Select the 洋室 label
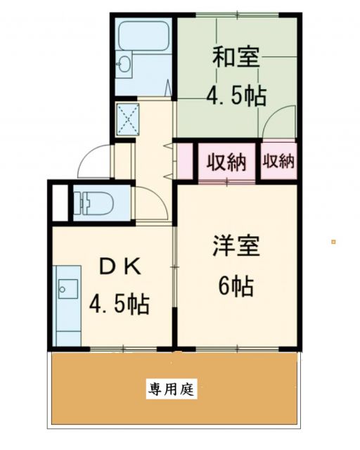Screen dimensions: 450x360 [237, 247]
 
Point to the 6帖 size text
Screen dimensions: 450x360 [236, 286]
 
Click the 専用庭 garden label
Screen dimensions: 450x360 [172, 387]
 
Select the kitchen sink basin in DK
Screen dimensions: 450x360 [69, 288]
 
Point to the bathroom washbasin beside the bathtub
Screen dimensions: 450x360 [124, 64]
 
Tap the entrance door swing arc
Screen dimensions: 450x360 [94, 160]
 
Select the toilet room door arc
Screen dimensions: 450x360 [150, 204]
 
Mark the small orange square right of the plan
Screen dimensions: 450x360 [333, 243]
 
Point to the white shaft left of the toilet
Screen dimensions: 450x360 [59, 202]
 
